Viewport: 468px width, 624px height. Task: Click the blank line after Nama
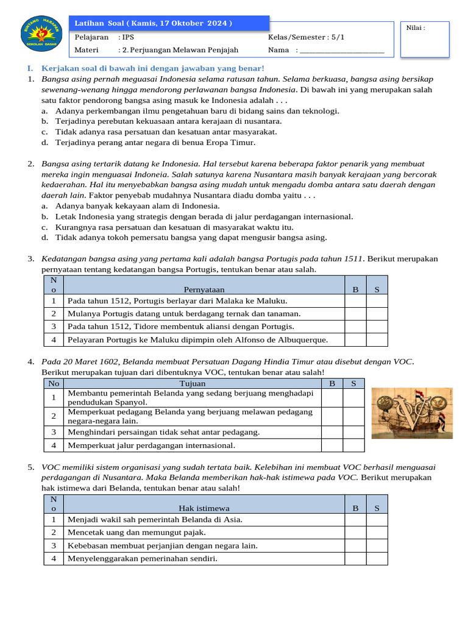pyautogui.click(x=342, y=51)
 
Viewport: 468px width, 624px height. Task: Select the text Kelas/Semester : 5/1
pyautogui.click(x=306, y=37)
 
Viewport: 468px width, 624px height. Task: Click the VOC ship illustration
pyautogui.click(x=412, y=413)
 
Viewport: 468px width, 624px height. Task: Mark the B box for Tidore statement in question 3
pyautogui.click(x=355, y=327)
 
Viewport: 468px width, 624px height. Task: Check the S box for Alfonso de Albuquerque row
pyautogui.click(x=377, y=340)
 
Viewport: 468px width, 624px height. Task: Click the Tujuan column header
pyautogui.click(x=193, y=383)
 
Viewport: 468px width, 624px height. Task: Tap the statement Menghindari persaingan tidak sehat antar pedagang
pyautogui.click(x=163, y=432)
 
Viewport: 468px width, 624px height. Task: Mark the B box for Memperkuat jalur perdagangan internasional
pyautogui.click(x=332, y=445)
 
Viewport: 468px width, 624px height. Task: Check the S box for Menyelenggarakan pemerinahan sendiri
pyautogui.click(x=377, y=559)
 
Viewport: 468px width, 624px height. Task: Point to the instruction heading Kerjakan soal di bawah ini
pyautogui.click(x=152, y=68)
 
